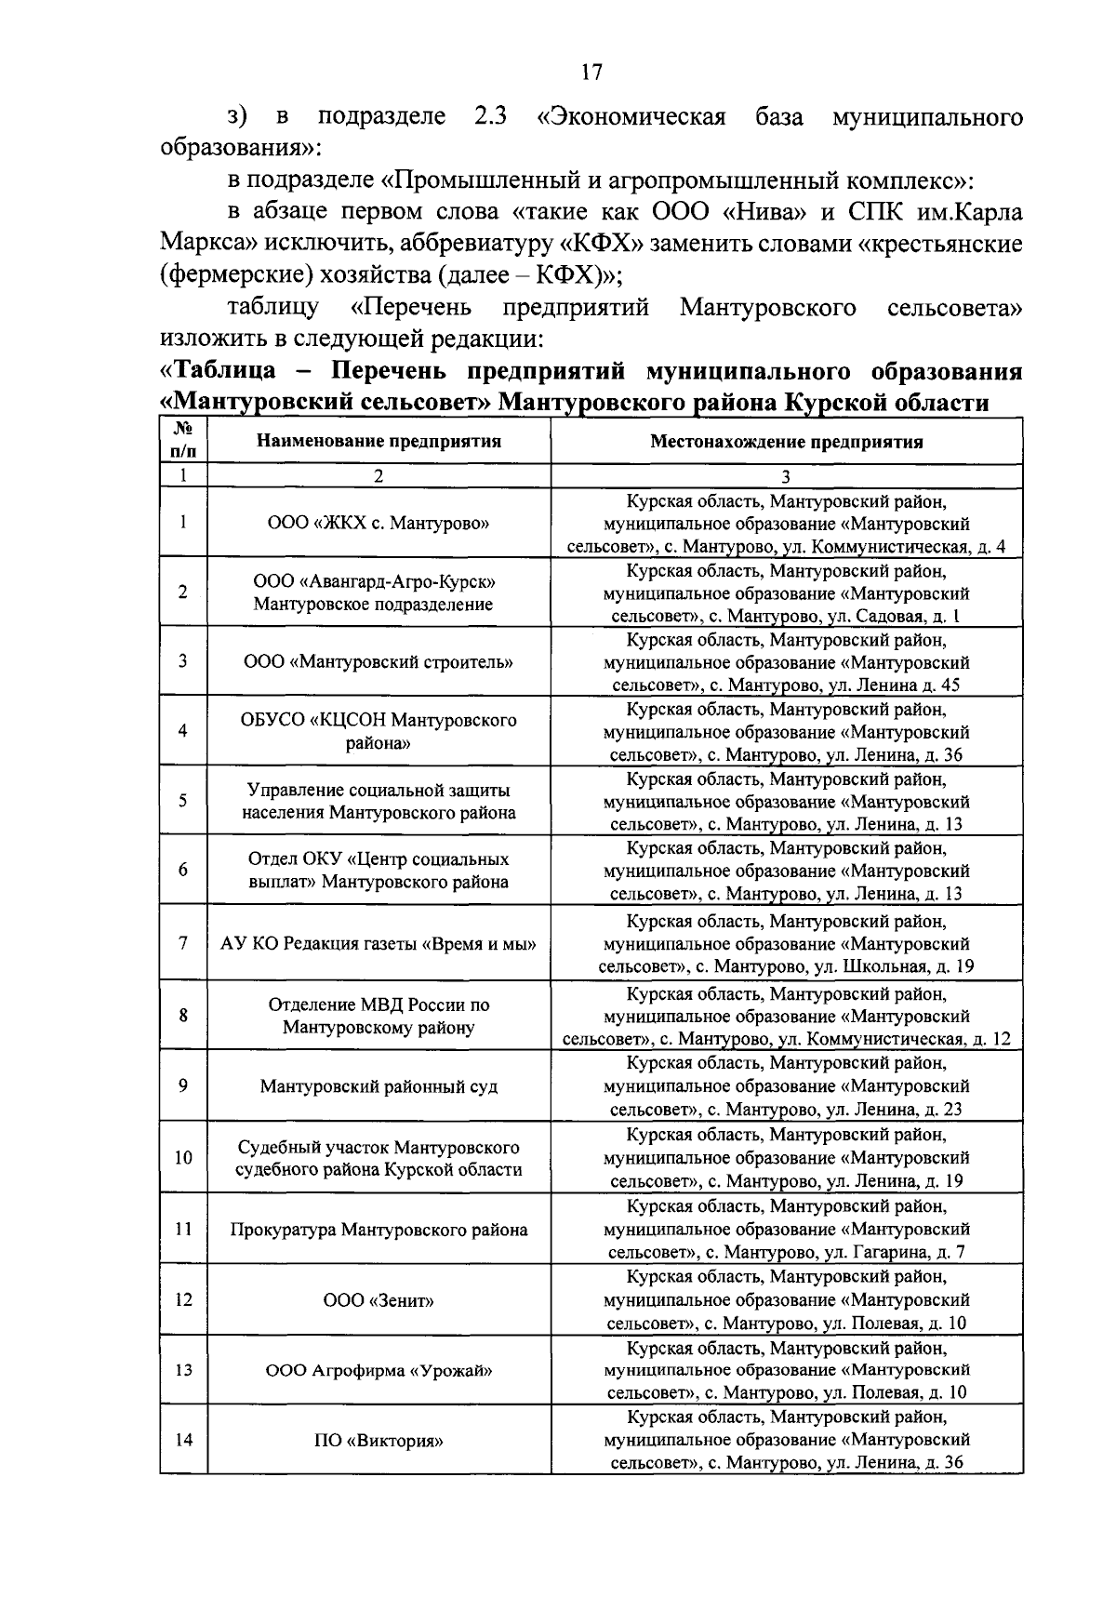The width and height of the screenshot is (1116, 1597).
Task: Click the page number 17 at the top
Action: [x=591, y=72]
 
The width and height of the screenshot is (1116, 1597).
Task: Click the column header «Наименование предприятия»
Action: [x=379, y=441]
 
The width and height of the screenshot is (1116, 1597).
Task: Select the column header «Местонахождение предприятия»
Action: [x=786, y=441]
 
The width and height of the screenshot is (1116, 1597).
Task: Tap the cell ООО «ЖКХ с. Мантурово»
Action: [x=379, y=523]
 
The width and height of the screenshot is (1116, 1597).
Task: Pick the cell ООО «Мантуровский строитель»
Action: [x=379, y=662]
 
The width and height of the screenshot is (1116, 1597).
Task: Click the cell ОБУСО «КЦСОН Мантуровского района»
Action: [x=379, y=732]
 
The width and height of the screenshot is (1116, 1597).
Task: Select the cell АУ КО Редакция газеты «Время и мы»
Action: [x=379, y=943]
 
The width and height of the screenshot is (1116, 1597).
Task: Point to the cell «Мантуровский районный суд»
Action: [x=379, y=1086]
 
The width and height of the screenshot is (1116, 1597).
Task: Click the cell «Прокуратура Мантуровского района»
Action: [x=379, y=1230]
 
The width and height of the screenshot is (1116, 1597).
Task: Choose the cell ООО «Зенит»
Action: [x=379, y=1300]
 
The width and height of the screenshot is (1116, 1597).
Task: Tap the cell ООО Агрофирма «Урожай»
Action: [x=379, y=1370]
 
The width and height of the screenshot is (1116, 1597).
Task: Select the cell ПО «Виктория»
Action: [x=379, y=1441]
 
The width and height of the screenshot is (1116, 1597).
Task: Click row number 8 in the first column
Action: [x=183, y=1015]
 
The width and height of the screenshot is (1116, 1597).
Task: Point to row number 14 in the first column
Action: [x=183, y=1440]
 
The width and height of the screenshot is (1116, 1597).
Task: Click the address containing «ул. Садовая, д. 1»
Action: [x=786, y=593]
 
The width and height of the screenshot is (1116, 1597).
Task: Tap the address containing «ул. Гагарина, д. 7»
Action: [x=786, y=1230]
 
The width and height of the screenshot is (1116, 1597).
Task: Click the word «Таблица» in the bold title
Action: [x=220, y=371]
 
